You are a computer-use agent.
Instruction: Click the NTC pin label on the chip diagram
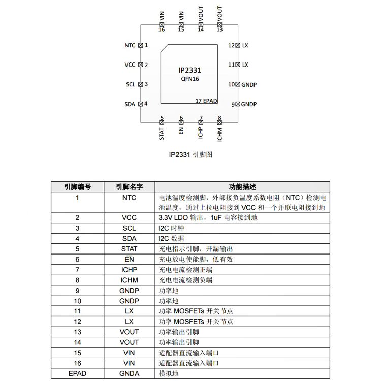[130, 45]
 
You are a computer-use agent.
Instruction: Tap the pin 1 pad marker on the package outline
[140, 45]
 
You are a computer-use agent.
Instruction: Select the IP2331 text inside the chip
[190, 70]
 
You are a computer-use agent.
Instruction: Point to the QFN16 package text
[190, 79]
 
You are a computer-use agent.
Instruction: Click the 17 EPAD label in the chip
[206, 101]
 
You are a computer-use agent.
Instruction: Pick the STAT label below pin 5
[162, 134]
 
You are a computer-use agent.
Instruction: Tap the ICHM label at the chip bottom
[219, 135]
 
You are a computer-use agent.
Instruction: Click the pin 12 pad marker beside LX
[238, 45]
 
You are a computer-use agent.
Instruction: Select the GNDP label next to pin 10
[249, 84]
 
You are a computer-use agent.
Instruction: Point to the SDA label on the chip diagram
[130, 104]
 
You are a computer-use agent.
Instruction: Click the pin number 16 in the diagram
[162, 30]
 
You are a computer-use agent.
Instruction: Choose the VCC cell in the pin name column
[129, 218]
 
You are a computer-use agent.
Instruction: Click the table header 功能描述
[242, 187]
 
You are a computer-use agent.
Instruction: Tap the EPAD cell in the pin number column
[77, 373]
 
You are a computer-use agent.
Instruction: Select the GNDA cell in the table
[129, 373]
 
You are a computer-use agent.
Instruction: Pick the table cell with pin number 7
[77, 270]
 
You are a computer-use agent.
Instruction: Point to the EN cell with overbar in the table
[129, 259]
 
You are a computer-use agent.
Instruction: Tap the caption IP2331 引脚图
[190, 155]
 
